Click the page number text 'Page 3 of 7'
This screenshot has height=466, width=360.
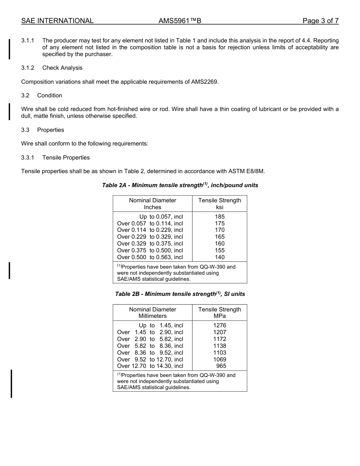320,21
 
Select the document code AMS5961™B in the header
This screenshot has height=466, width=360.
180,21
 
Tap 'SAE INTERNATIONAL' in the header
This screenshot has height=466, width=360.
57,21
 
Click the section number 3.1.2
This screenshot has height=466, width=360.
28,68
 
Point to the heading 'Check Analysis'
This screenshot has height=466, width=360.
62,68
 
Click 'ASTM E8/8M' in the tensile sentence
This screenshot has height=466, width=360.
246,171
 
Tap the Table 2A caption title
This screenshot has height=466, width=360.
180,185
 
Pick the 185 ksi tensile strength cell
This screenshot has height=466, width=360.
220,217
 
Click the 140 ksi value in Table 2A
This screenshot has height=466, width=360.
220,257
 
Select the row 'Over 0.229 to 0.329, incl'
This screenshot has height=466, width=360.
150,237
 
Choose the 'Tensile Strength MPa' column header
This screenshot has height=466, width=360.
220,313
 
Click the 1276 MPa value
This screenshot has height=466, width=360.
220,325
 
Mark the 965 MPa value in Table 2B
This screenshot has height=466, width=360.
221,366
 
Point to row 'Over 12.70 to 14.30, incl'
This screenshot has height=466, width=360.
150,366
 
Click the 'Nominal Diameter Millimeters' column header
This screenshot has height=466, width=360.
152,313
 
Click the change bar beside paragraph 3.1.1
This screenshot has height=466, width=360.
9,48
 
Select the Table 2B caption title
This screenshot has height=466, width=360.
180,294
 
